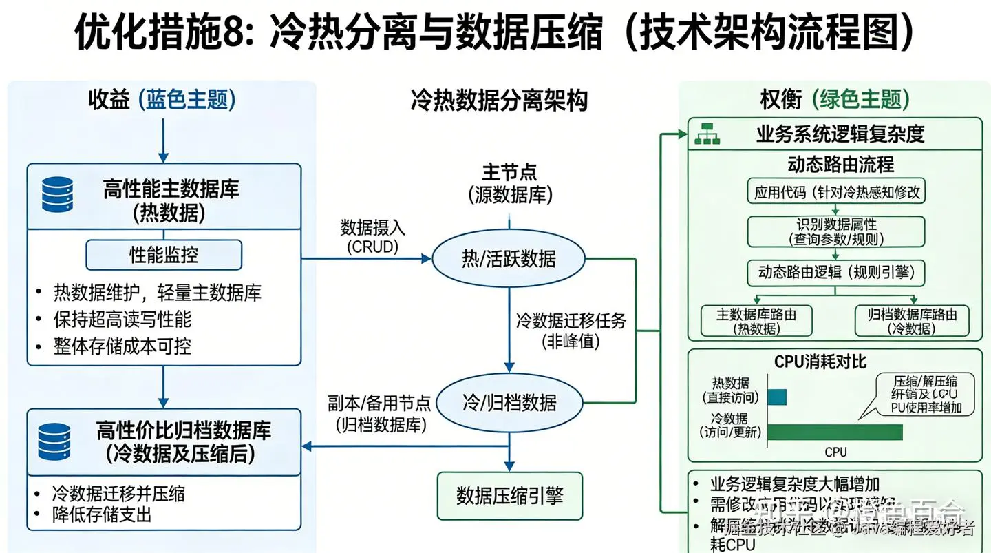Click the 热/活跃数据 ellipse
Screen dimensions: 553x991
tap(508, 259)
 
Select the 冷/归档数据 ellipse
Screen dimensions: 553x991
tap(508, 402)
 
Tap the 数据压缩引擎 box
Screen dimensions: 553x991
tap(509, 495)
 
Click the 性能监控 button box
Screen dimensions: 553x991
tap(164, 255)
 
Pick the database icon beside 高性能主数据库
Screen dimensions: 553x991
tap(57, 194)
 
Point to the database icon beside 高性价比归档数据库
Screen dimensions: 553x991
tap(54, 441)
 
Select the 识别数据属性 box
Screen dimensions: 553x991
tap(835, 231)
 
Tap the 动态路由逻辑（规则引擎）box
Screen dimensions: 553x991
tap(835, 272)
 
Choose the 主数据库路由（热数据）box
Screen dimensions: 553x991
tap(756, 321)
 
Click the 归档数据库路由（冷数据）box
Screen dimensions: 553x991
tap(912, 321)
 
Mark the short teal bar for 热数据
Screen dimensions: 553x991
tap(776, 397)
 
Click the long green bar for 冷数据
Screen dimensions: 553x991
tap(834, 432)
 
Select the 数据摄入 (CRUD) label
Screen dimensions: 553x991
tap(370, 236)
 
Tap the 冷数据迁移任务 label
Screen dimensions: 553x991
tap(571, 330)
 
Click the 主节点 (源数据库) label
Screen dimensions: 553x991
tap(509, 183)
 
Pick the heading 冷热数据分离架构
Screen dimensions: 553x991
tap(499, 101)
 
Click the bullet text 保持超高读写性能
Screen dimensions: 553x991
tap(122, 320)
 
